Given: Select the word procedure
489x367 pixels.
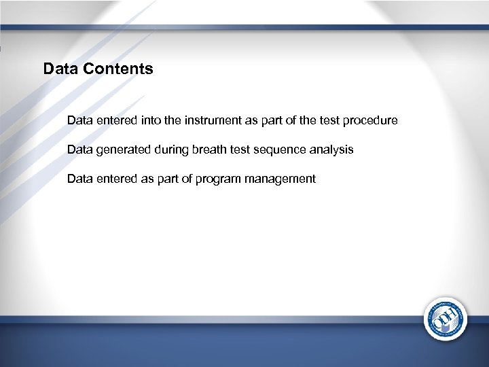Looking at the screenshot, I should [x=371, y=120].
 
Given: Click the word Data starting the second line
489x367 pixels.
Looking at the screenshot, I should [x=80, y=150].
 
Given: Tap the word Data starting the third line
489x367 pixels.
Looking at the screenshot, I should [x=80, y=179].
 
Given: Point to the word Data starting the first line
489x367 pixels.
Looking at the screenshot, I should [x=80, y=120].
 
